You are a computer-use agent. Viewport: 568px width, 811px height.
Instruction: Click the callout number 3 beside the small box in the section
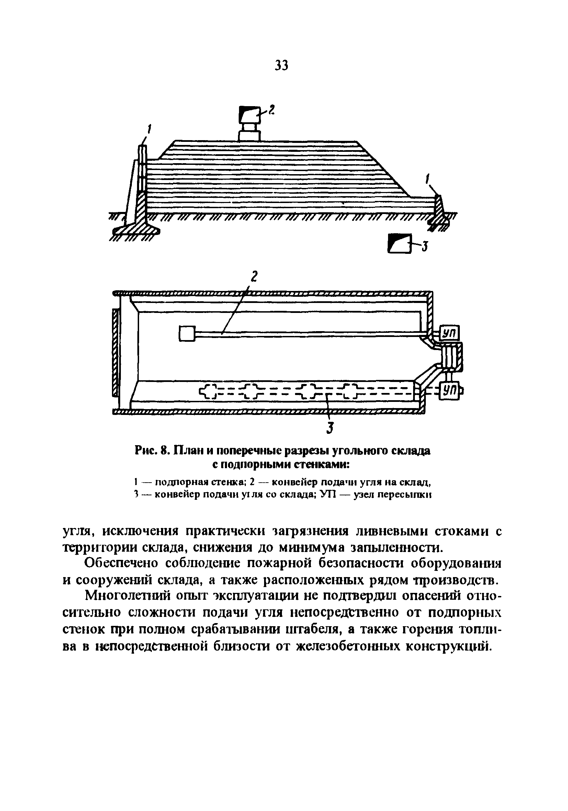pyautogui.click(x=425, y=247)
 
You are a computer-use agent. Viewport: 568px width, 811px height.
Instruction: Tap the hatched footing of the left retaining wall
pyautogui.click(x=136, y=229)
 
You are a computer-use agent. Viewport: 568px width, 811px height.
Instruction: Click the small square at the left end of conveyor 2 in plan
pyautogui.click(x=187, y=334)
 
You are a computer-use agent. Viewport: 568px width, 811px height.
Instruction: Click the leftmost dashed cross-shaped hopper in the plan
pyautogui.click(x=210, y=391)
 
